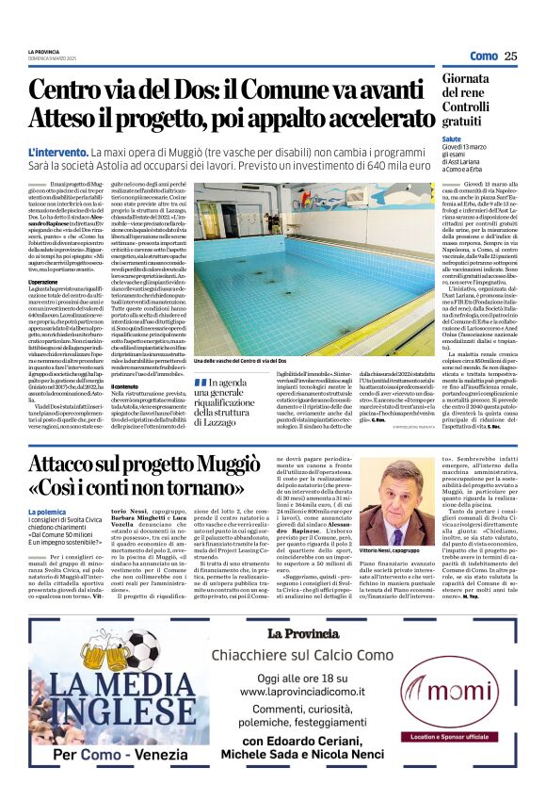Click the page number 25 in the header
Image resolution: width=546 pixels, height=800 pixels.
tap(511, 57)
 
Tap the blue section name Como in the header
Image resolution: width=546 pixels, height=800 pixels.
tap(484, 57)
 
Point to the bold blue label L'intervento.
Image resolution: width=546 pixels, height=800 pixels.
tap(58, 151)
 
